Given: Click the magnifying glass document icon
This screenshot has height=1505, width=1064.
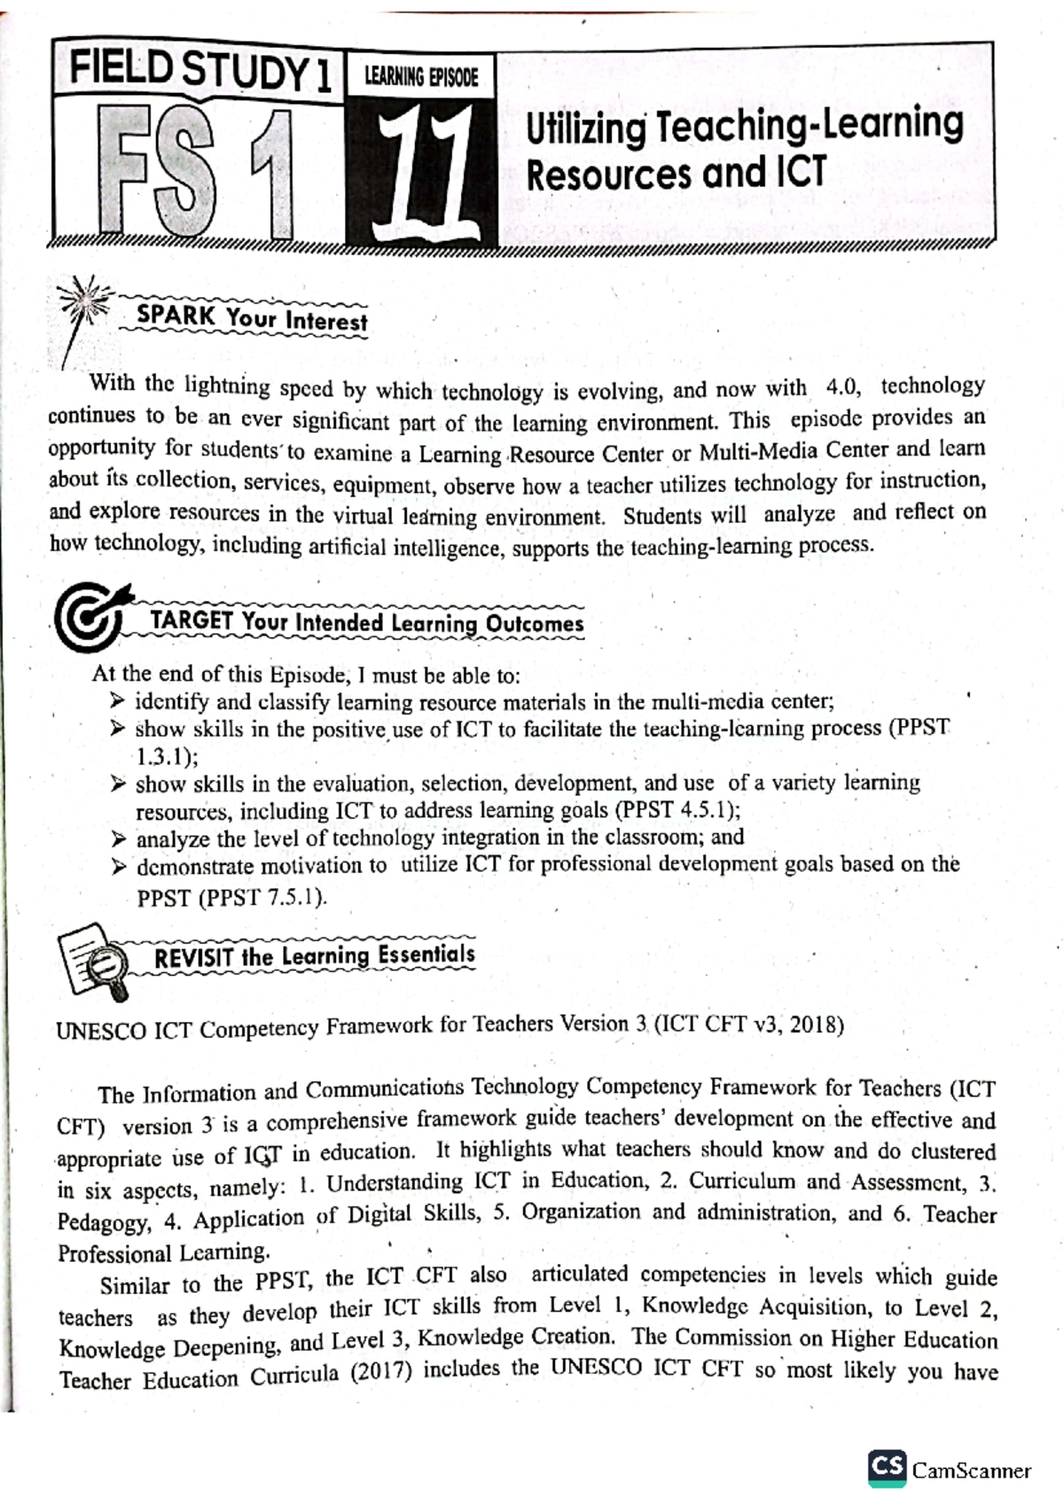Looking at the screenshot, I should coord(95,960).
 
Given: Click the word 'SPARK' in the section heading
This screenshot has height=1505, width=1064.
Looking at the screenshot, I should coord(176,315).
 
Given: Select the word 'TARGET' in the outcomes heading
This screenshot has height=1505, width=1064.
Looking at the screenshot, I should coord(192,620).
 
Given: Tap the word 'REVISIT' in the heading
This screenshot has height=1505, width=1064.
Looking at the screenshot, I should coord(194,958).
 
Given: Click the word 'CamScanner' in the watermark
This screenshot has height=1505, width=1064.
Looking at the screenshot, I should coord(972,1470).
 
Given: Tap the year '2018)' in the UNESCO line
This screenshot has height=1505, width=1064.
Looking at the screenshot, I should coord(817,1025).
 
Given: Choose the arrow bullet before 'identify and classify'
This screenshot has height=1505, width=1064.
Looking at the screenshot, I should coord(118,701).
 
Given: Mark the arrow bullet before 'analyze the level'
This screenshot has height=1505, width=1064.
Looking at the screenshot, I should coord(119,838).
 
